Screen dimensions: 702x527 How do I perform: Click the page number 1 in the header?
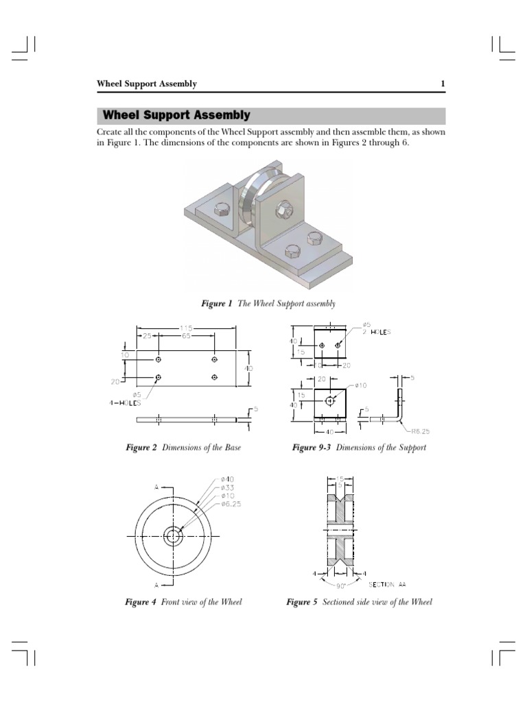click(443, 84)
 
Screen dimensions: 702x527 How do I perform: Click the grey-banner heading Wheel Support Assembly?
click(176, 115)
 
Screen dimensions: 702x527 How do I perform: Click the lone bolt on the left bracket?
click(222, 210)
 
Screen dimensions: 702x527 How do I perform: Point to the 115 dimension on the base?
click(186, 327)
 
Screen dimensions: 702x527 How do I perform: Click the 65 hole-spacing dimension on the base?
click(186, 336)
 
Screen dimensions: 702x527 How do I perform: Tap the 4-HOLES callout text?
click(125, 402)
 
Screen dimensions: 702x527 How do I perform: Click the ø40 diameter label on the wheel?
click(228, 479)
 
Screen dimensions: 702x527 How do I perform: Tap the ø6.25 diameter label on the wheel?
click(231, 504)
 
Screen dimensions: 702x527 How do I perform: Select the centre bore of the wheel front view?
click(172, 536)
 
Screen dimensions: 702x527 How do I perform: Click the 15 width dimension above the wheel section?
click(340, 479)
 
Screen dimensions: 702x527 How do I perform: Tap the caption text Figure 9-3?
click(314, 448)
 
